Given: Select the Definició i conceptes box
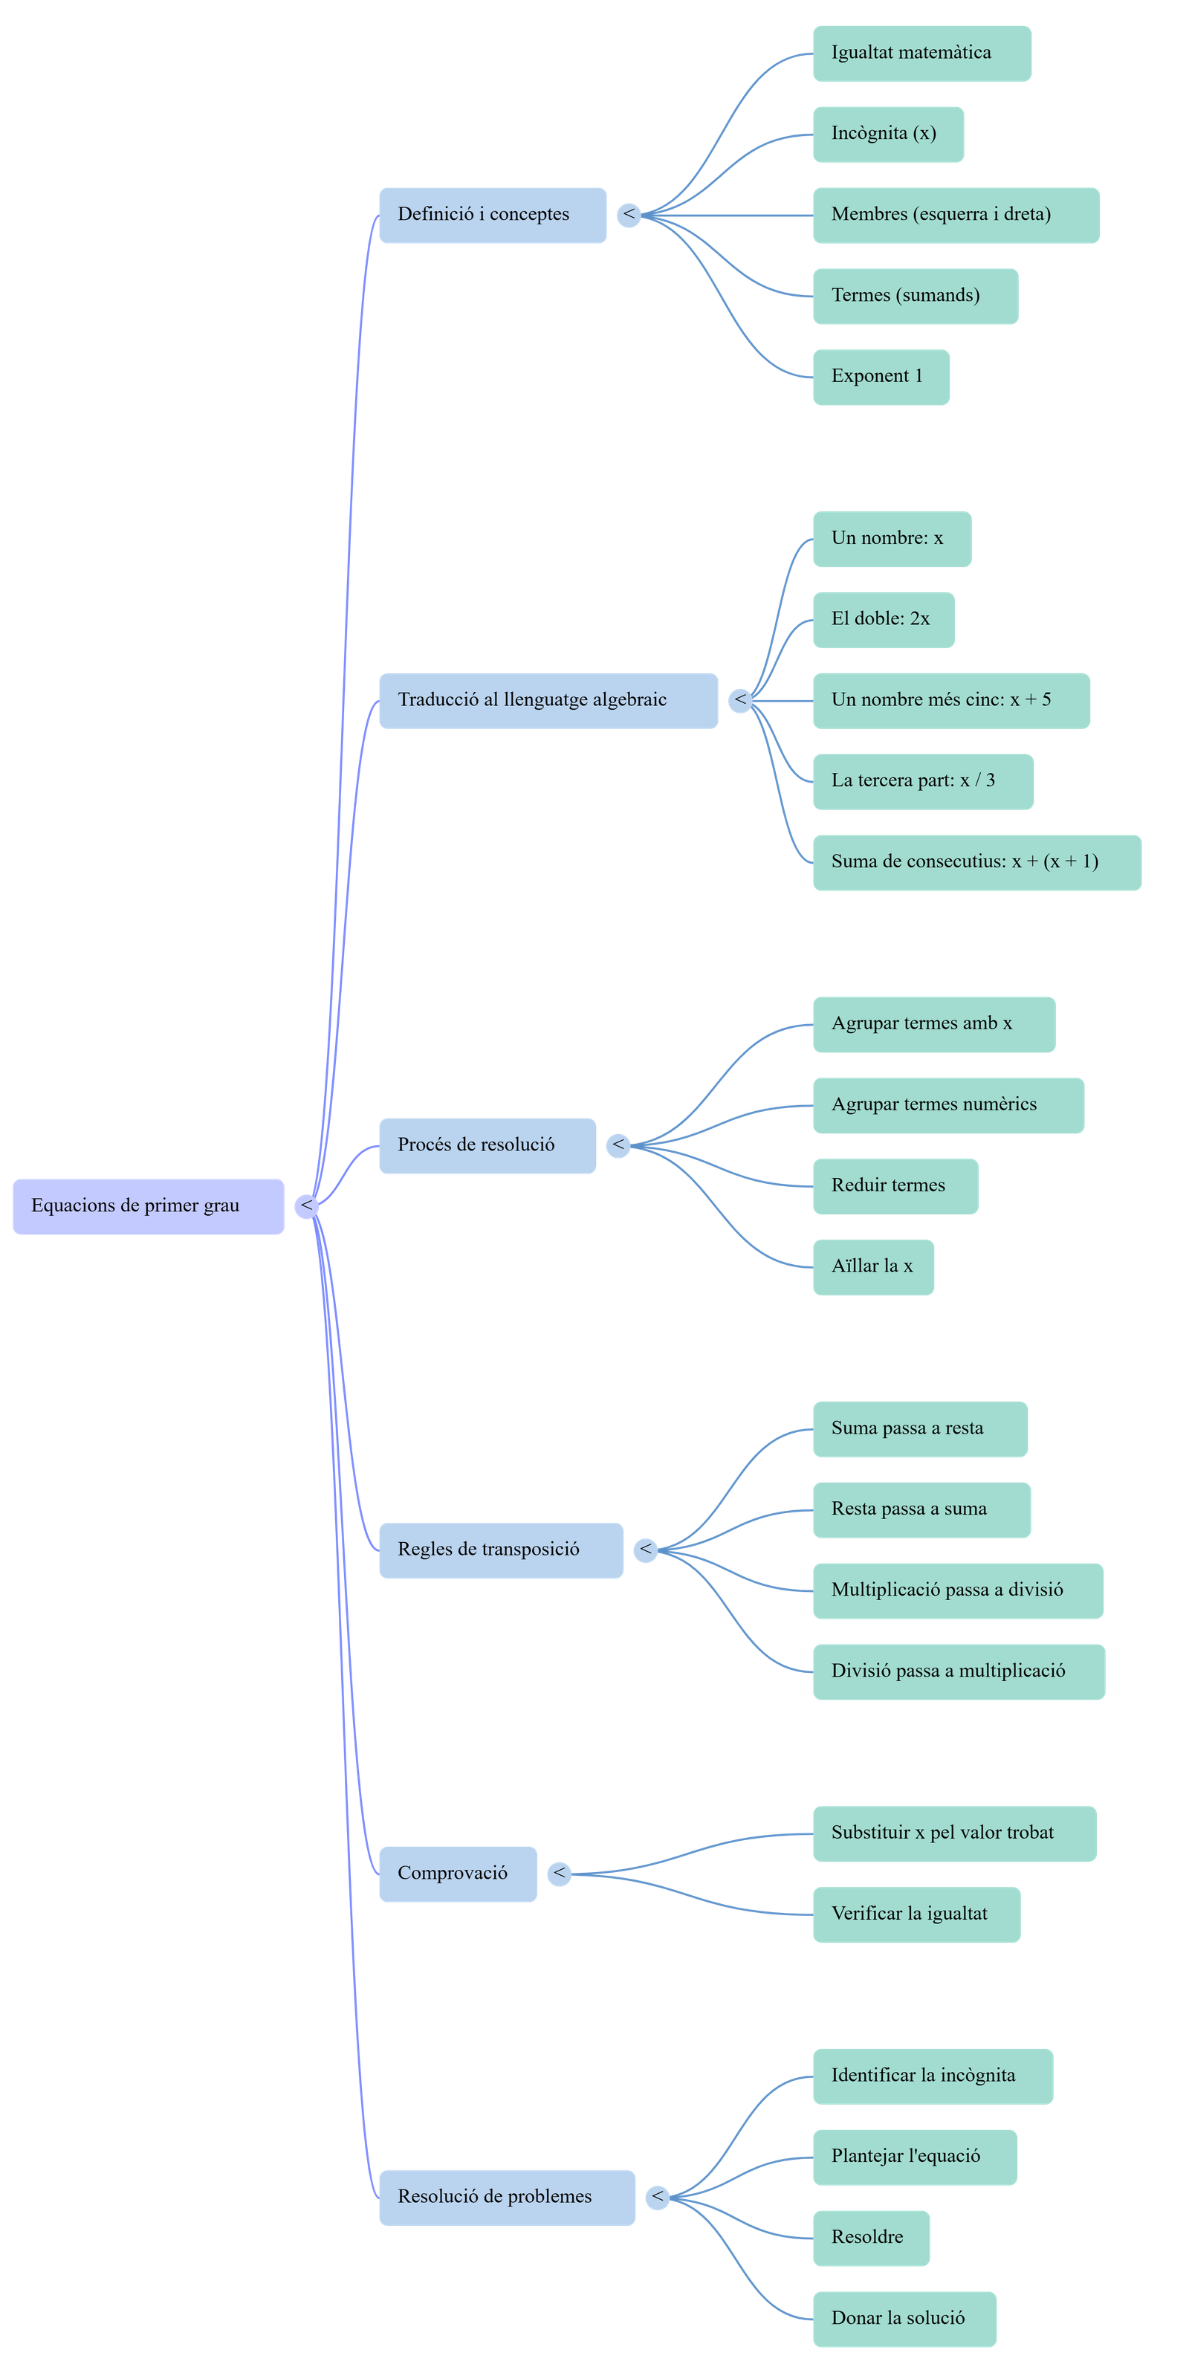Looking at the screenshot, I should point(493,215).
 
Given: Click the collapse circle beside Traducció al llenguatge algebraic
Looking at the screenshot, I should point(740,700).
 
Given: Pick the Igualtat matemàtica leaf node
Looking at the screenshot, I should point(922,54).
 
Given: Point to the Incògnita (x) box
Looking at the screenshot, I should point(888,134).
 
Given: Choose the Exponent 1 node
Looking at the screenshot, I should point(881,376).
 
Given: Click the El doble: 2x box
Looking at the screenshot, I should point(884,619).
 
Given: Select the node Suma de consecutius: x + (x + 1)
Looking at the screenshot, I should point(976,862).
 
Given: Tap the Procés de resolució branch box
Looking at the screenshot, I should point(487,1145).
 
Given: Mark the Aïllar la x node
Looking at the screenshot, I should point(873,1266).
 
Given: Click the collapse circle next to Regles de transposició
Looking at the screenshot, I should point(646,1550).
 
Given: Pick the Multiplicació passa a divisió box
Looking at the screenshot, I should point(958,1590).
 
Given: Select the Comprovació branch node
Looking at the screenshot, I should point(458,1873).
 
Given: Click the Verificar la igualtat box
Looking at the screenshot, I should point(916,1914).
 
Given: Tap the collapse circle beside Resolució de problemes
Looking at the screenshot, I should point(657,2197).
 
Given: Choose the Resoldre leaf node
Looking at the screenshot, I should point(871,2238).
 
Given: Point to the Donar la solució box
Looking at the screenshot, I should point(904,2319).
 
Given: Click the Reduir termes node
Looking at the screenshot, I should point(895,1185).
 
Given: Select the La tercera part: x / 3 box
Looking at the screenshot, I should point(923,781).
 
